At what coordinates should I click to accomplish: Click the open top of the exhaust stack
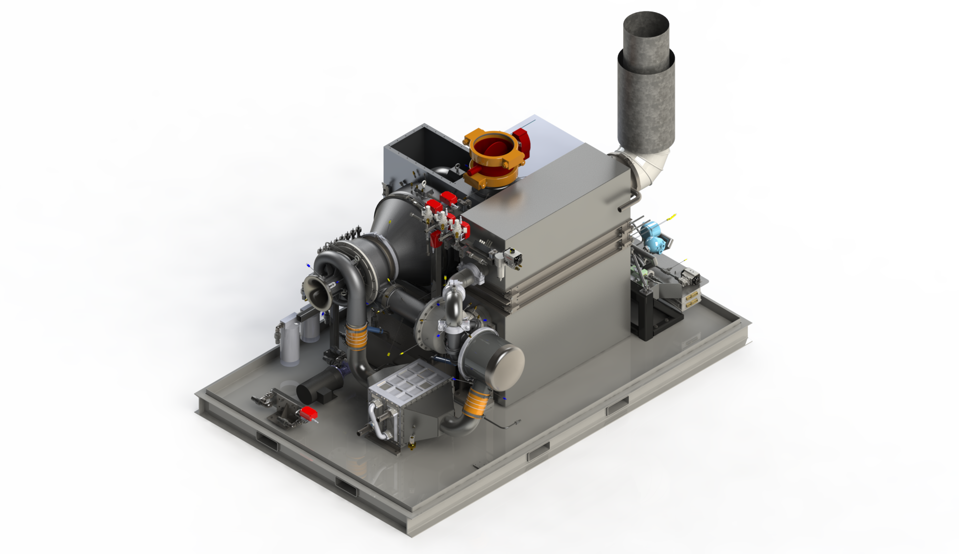(646, 24)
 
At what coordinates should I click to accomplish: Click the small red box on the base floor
(309, 413)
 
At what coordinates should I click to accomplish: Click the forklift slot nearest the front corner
(346, 487)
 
